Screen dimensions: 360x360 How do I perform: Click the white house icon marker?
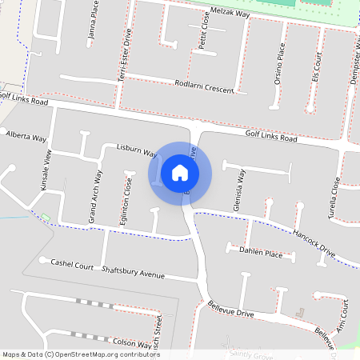pyautogui.click(x=180, y=172)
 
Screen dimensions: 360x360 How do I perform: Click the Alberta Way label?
pyautogui.click(x=26, y=138)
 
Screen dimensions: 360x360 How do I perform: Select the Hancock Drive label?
pyautogui.click(x=314, y=243)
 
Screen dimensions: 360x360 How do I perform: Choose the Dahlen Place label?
pyautogui.click(x=260, y=252)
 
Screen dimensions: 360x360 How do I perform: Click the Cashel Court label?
pyautogui.click(x=72, y=263)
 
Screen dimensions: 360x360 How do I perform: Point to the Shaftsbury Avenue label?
pyautogui.click(x=133, y=271)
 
